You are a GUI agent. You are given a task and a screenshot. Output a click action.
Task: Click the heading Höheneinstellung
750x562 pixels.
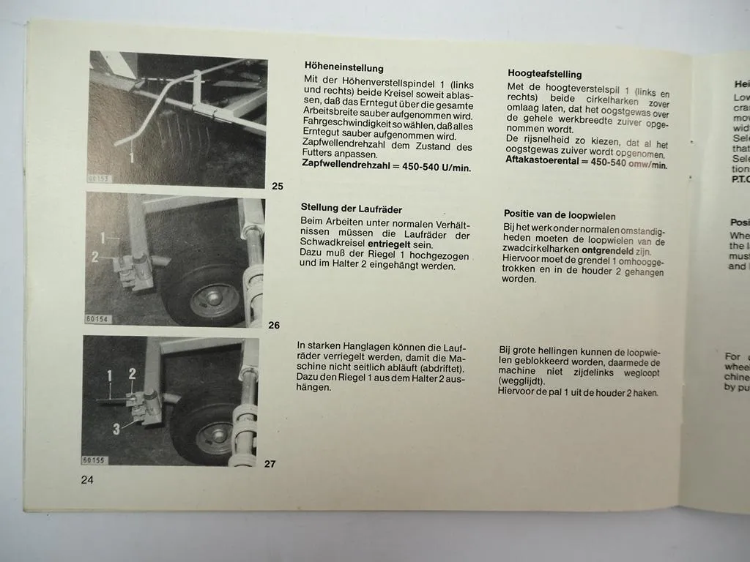(x=344, y=67)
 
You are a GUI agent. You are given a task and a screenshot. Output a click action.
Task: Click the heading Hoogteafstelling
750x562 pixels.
(x=544, y=74)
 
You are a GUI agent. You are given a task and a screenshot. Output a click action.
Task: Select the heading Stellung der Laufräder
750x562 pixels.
(x=351, y=209)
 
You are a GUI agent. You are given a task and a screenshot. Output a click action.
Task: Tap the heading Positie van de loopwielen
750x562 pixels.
(x=560, y=215)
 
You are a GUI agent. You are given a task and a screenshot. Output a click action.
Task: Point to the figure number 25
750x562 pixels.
(x=278, y=187)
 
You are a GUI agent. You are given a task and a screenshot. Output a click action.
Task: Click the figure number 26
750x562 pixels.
(x=274, y=325)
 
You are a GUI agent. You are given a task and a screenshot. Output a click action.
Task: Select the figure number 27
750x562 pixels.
(x=270, y=463)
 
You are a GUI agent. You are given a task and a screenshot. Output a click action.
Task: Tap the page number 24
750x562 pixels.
(x=87, y=480)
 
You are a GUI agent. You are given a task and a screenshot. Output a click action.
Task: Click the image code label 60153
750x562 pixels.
(x=98, y=178)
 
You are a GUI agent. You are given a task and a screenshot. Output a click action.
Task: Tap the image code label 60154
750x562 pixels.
(x=96, y=319)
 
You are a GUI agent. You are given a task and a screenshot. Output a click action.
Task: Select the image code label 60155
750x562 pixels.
(x=94, y=460)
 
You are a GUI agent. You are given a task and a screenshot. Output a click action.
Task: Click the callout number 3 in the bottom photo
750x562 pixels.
(x=115, y=430)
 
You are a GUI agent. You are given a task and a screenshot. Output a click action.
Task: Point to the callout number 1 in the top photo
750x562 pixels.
(x=131, y=156)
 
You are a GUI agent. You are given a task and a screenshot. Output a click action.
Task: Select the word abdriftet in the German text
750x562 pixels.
(x=443, y=367)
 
